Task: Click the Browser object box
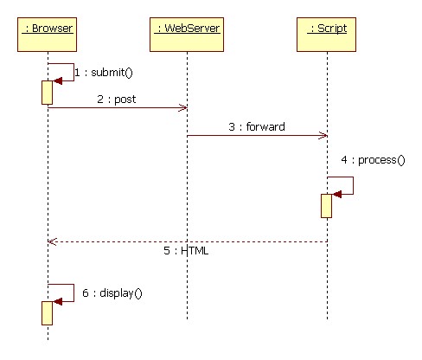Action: point(47,35)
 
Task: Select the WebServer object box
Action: point(187,35)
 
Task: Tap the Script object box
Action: point(326,35)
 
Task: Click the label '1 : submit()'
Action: point(104,73)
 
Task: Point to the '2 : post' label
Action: point(117,100)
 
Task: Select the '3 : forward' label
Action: point(257,126)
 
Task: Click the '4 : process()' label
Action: point(373,160)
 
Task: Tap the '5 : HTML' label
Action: point(186,250)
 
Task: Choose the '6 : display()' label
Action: point(112,293)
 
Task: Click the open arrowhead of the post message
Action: point(183,108)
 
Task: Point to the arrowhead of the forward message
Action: point(323,135)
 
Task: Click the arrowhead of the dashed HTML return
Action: point(52,241)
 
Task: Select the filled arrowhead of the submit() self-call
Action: point(58,80)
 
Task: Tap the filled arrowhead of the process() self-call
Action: point(337,194)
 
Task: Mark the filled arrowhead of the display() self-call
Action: point(58,302)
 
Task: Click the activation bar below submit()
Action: point(47,93)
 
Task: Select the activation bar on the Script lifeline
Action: point(326,206)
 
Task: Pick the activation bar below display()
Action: point(47,313)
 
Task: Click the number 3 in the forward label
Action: point(232,127)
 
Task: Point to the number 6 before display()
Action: point(86,293)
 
